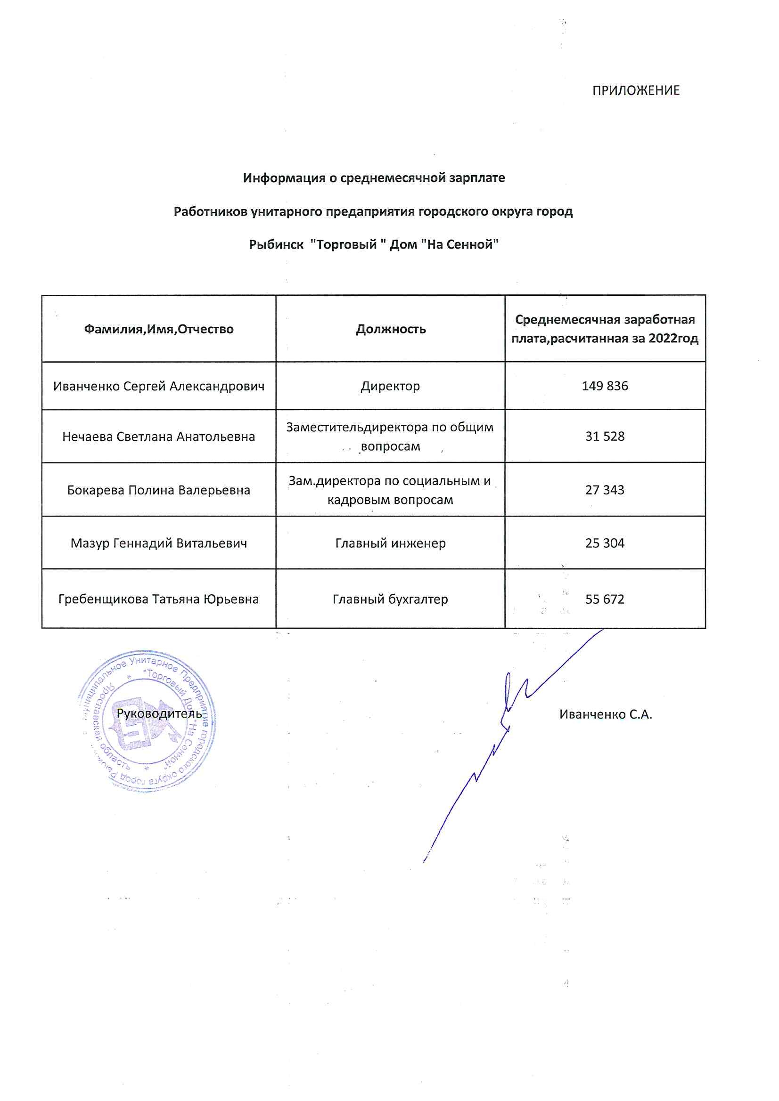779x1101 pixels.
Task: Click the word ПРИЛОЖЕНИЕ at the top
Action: click(635, 90)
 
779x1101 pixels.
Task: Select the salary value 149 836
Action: click(605, 386)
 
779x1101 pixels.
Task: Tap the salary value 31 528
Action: click(605, 437)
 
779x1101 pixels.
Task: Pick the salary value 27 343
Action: click(605, 490)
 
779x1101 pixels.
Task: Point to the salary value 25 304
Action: click(605, 543)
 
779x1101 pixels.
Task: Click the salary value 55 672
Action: click(605, 599)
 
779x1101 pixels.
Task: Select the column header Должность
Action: click(391, 329)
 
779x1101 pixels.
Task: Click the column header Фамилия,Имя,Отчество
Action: click(159, 329)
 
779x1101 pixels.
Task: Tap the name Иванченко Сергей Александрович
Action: click(159, 386)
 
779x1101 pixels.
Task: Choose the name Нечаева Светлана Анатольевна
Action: click(159, 437)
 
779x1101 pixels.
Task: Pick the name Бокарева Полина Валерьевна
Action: click(159, 490)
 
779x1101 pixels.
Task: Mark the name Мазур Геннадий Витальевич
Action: click(159, 543)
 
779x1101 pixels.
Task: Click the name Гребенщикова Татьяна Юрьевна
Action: click(159, 599)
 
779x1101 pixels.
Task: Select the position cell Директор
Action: click(390, 386)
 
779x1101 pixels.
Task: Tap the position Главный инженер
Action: click(390, 543)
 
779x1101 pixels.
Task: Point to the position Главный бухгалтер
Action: click(390, 599)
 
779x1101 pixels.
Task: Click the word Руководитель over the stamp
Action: click(159, 713)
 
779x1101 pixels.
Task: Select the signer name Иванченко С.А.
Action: click(606, 714)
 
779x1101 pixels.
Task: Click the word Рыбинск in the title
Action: click(276, 244)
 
